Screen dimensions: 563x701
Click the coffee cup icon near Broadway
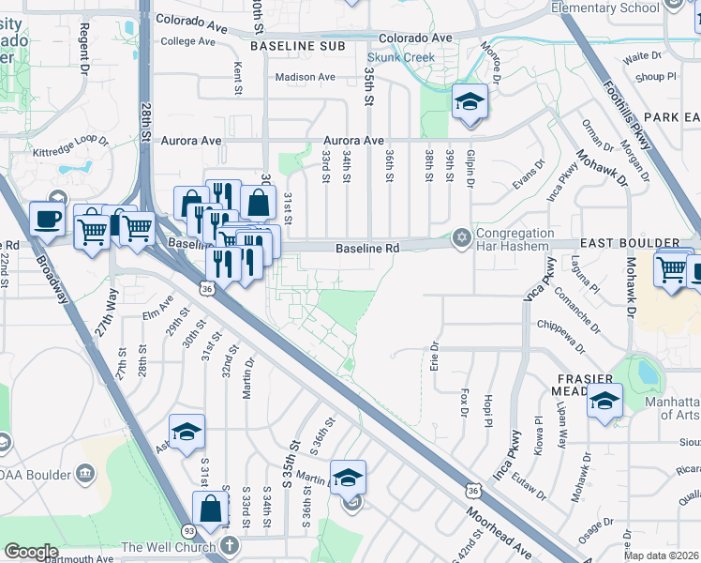coord(47,220)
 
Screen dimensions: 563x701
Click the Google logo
coord(31,552)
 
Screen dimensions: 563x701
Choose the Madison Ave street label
coord(305,78)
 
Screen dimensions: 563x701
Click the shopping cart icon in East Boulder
coord(672,268)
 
